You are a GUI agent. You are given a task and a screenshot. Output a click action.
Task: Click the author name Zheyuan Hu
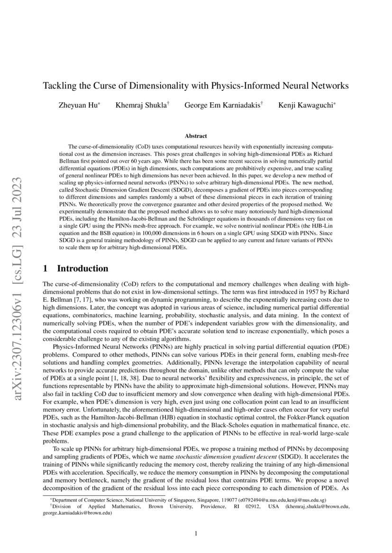[78, 105]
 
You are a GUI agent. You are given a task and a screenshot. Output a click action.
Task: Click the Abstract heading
[196, 135]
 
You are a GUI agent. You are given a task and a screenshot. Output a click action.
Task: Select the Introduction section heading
[82, 269]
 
